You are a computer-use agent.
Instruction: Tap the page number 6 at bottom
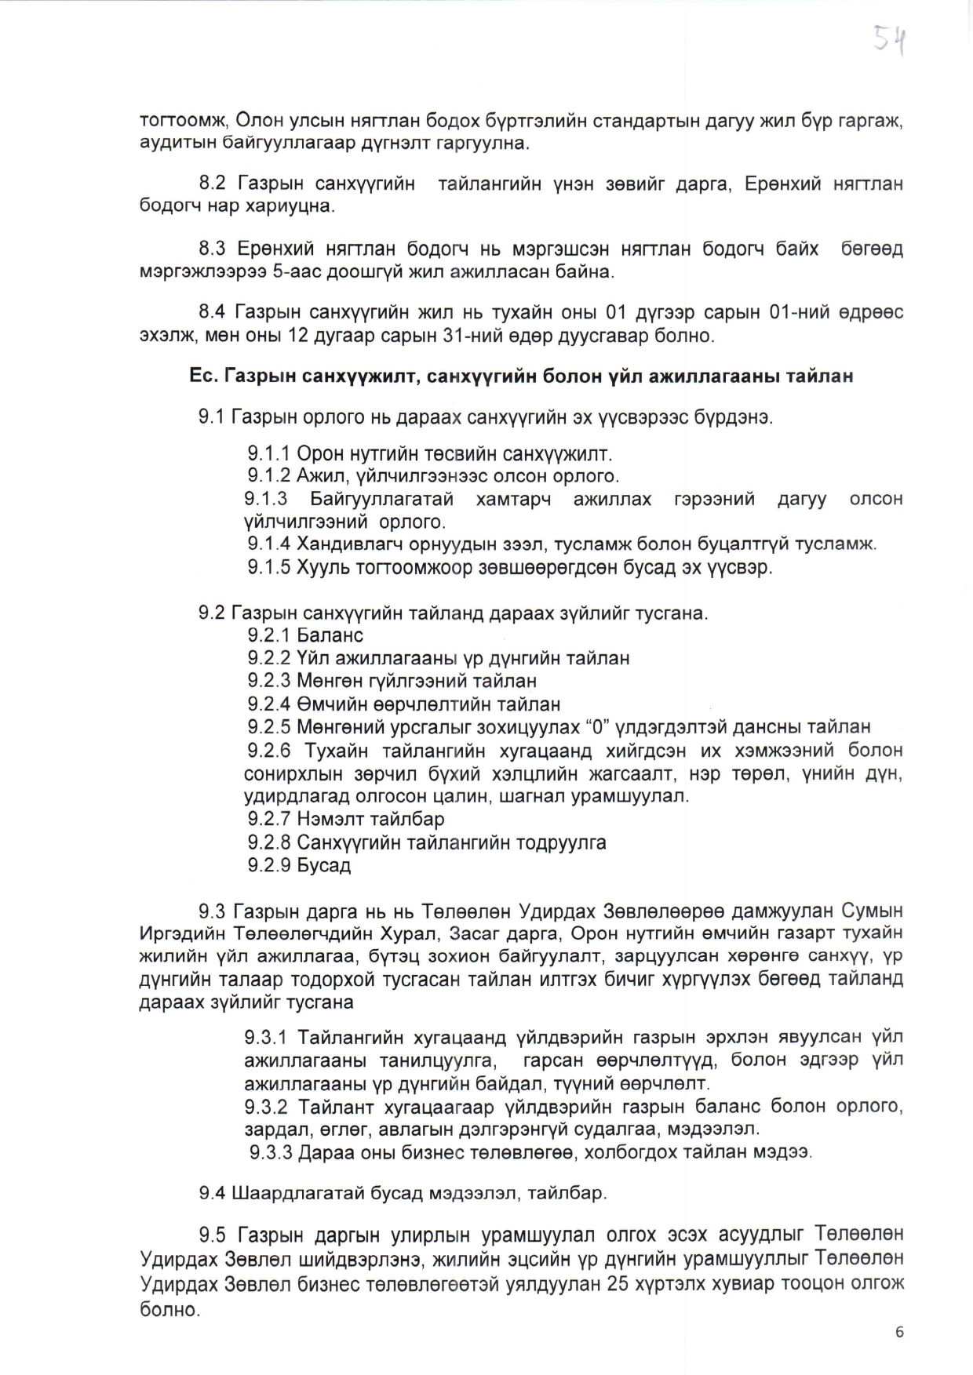pos(899,1333)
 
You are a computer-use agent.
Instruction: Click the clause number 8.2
pos(212,184)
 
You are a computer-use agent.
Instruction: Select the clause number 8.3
pos(212,249)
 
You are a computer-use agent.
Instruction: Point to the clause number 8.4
pos(212,312)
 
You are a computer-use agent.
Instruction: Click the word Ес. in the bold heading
pos(203,376)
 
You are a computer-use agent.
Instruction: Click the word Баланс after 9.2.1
pos(330,635)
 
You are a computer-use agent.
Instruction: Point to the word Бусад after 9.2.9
pos(323,865)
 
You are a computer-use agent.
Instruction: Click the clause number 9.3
pos(212,911)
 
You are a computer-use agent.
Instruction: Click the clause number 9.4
pos(212,1193)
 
